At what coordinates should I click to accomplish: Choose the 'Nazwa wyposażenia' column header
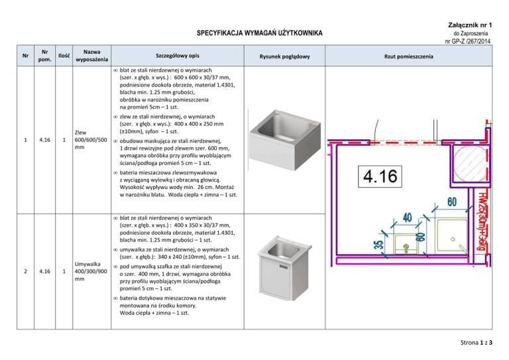(x=87, y=56)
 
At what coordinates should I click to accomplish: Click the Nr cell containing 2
(x=25, y=270)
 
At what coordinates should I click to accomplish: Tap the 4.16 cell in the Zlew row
(x=44, y=139)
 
